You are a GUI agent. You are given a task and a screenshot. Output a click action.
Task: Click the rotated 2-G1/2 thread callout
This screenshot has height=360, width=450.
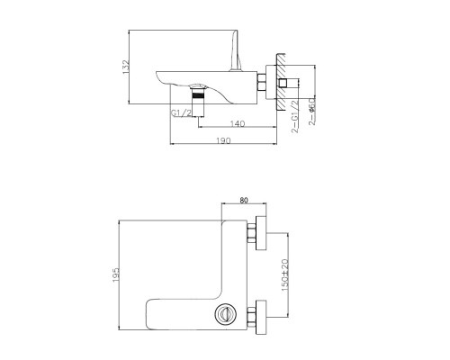point(296,115)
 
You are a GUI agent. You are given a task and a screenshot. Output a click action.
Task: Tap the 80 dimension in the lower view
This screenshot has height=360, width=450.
point(242,202)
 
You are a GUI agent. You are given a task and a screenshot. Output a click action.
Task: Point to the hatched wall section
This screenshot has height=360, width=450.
point(282,82)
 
